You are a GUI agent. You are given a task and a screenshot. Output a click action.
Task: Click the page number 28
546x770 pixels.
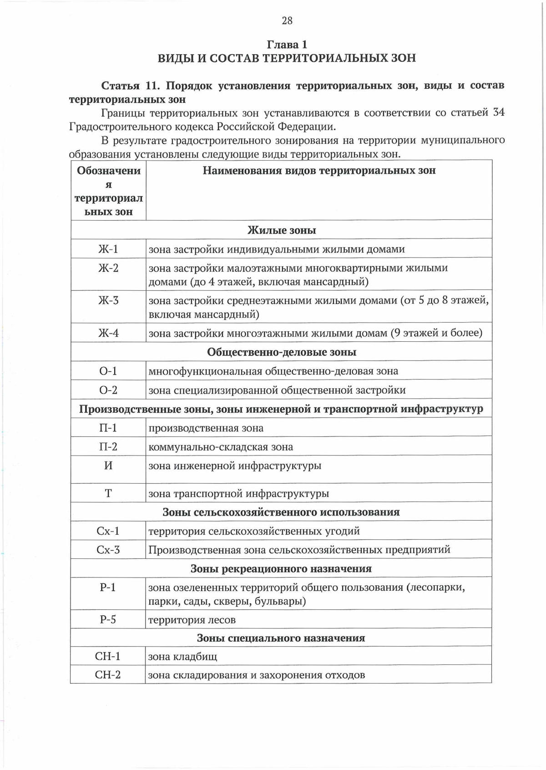click(287, 20)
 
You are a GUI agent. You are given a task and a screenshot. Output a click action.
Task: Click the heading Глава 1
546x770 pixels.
click(287, 45)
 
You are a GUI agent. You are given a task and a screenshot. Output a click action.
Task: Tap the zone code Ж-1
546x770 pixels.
click(108, 249)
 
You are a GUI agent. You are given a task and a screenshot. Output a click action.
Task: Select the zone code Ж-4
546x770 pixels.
click(108, 333)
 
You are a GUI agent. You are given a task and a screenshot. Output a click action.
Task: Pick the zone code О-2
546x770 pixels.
click(108, 390)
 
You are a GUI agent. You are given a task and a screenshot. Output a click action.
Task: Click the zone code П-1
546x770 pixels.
click(108, 428)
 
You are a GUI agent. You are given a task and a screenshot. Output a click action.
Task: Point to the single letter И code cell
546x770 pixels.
click(108, 466)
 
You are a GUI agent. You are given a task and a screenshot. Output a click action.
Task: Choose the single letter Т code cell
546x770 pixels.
click(108, 493)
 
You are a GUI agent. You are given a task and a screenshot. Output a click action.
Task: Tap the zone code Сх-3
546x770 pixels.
click(108, 550)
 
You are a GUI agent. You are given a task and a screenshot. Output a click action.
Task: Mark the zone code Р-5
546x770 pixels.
click(108, 619)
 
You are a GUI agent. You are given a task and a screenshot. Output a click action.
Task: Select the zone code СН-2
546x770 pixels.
click(108, 674)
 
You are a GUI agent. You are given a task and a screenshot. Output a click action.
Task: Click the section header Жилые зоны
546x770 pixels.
click(282, 230)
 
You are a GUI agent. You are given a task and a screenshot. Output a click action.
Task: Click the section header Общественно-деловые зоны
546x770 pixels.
click(282, 352)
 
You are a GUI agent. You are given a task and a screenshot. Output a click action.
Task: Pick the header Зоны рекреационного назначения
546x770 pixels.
click(281, 569)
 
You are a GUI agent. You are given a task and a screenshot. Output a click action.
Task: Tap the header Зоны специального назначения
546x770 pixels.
click(281, 638)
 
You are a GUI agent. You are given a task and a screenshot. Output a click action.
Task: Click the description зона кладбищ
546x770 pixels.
click(183, 657)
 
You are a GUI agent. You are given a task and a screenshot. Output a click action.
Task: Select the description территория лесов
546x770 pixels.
click(192, 620)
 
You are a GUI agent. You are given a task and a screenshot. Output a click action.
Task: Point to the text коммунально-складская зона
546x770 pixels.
click(221, 447)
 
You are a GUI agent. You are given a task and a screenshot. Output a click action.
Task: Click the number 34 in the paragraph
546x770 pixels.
click(499, 112)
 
